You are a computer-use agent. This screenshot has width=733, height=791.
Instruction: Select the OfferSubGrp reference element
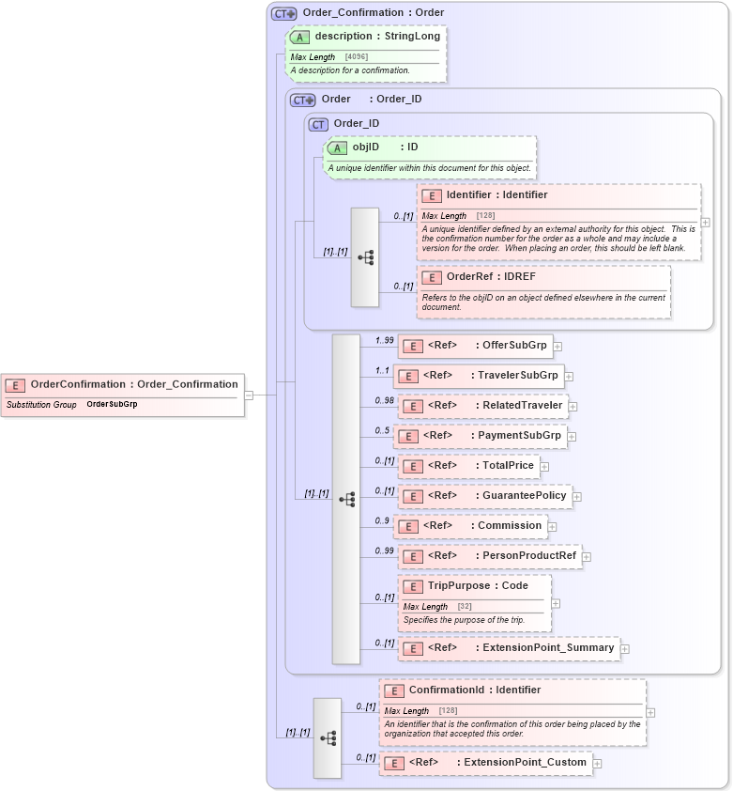474,346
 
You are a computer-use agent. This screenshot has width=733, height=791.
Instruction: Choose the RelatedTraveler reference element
481,406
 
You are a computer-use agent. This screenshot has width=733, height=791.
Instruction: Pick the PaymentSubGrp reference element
479,436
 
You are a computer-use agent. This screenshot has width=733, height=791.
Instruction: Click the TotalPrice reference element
467,466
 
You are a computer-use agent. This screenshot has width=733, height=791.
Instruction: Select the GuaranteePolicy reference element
483,496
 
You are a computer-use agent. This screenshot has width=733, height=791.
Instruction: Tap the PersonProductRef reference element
488,556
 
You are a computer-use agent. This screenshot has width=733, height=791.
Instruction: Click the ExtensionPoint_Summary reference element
507,648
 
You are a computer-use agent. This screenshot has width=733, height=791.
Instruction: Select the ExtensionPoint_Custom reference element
484,763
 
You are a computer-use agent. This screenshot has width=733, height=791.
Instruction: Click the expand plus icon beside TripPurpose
556,603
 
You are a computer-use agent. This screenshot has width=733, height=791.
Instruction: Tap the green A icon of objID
337,147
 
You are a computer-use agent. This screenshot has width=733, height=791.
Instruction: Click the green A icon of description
299,37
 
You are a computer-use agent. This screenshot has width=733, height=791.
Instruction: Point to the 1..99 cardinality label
385,340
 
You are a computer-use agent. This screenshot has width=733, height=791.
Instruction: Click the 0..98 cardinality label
385,400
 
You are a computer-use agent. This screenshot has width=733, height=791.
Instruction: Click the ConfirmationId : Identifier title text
474,690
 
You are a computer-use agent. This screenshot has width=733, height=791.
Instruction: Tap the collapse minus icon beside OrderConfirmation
249,395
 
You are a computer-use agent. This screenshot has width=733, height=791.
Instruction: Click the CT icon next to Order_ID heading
318,124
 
